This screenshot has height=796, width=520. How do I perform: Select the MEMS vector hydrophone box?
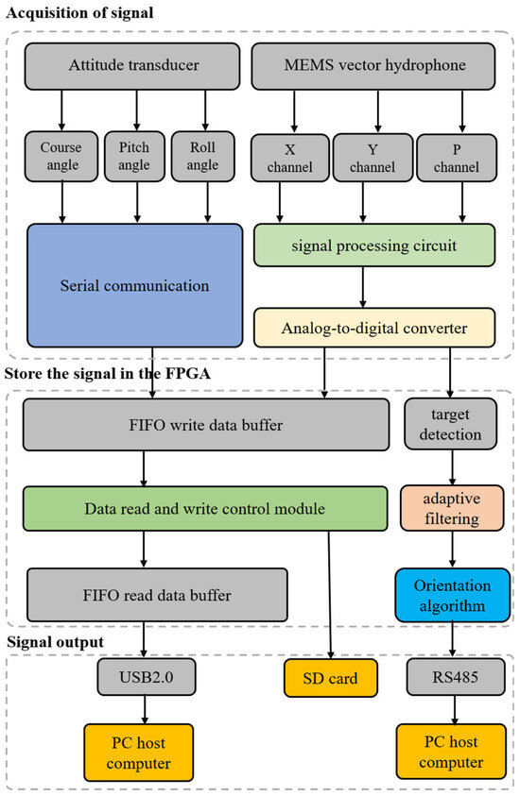pos(373,65)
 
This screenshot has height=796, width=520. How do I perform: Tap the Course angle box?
pos(61,157)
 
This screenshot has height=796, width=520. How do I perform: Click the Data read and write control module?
pos(206,509)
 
